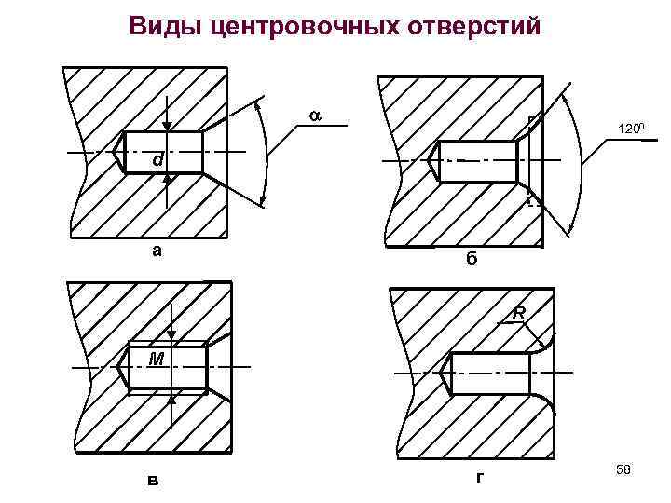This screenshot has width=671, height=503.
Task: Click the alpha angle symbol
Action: (314, 115)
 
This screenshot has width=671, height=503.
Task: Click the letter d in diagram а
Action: (159, 160)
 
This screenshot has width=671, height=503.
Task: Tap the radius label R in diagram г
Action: (519, 315)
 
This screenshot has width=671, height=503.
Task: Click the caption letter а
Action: (157, 250)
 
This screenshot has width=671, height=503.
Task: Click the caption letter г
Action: (478, 478)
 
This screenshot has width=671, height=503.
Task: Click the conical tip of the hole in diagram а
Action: (118, 152)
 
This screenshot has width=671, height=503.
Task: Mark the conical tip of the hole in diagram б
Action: (432, 160)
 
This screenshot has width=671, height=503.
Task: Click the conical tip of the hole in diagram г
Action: (445, 374)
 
